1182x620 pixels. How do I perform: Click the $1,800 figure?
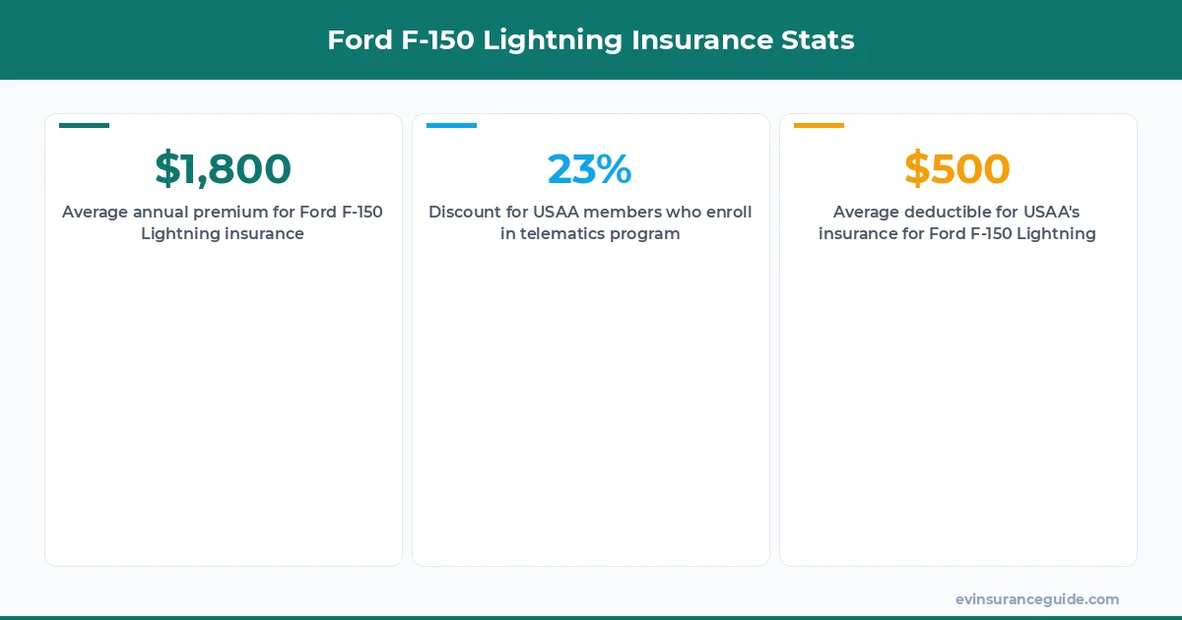coord(223,169)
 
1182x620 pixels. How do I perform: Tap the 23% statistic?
coord(589,169)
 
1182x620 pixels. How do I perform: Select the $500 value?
coord(956,169)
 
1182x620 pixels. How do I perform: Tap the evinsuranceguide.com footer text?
coord(1036,599)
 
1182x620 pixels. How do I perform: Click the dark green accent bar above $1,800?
coord(84,125)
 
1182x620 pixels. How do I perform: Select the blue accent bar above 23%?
coord(451,125)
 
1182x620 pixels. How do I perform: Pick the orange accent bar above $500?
coord(819,125)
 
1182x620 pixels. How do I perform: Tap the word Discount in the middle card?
coord(464,213)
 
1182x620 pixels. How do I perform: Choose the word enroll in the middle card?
coord(728,213)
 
